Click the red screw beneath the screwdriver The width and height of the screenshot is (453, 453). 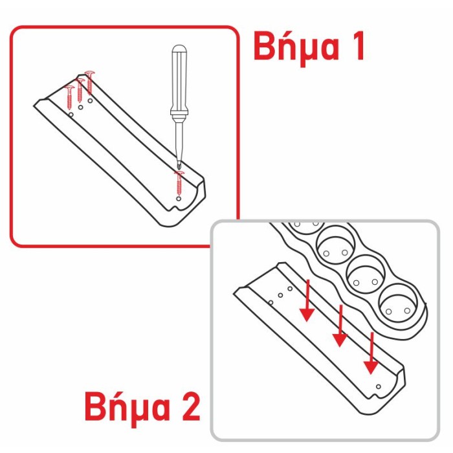click(x=179, y=182)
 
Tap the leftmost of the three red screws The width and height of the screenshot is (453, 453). click(x=70, y=98)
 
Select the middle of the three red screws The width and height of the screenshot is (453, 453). click(x=80, y=90)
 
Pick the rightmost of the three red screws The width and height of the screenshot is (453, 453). click(x=89, y=83)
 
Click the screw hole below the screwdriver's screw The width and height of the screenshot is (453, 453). click(x=179, y=199)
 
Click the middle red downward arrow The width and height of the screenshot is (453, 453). click(x=340, y=326)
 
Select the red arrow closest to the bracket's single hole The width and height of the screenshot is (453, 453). click(x=371, y=353)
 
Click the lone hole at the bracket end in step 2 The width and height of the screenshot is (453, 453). click(x=378, y=386)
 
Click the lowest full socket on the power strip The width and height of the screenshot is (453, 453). click(x=398, y=304)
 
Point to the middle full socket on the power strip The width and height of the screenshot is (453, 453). click(x=366, y=274)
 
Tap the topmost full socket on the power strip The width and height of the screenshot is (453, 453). click(x=335, y=245)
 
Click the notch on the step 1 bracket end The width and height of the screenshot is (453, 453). click(x=174, y=208)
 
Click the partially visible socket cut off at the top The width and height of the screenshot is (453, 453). click(x=306, y=228)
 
